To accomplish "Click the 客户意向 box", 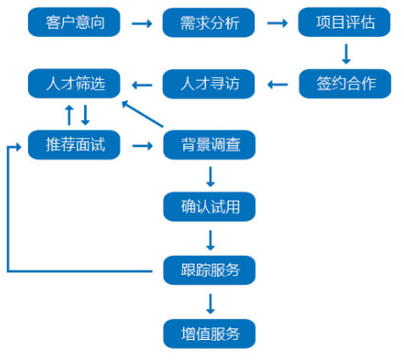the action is tap(74, 22).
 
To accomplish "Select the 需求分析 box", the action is tap(209, 23).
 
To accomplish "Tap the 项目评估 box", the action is tap(344, 22).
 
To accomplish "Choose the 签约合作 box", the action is tap(344, 84).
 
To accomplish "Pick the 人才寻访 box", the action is tap(209, 84).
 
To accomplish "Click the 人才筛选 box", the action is tap(74, 83).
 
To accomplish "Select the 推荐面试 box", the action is tap(74, 145).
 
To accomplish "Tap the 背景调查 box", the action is tap(209, 145).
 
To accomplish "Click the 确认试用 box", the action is tap(209, 207).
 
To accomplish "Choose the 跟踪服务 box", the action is tap(209, 270).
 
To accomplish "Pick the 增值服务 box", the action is tap(209, 334).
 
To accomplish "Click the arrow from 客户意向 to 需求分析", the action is tap(142, 24).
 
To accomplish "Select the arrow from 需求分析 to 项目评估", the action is tap(277, 23).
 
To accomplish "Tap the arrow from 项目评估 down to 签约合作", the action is tap(346, 53).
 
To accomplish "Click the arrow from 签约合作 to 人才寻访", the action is tap(278, 85).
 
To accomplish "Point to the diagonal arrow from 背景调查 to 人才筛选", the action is tap(142, 114).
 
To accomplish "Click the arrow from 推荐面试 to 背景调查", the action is tap(143, 145).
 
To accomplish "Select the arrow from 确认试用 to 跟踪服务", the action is tap(210, 240).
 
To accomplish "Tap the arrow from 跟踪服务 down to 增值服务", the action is tap(210, 304).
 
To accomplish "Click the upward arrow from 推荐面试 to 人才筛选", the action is tap(69, 115).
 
